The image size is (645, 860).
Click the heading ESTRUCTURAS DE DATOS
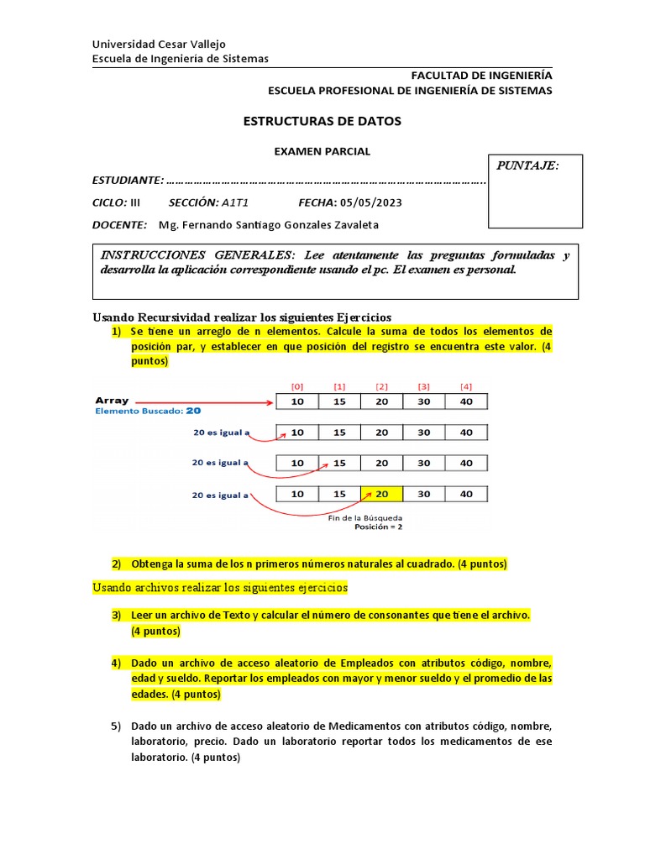(x=322, y=121)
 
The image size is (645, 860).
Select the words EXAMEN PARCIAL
(x=322, y=152)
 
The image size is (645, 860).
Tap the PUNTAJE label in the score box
(x=527, y=165)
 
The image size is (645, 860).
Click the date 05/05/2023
(x=370, y=202)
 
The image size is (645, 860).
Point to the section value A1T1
(x=235, y=202)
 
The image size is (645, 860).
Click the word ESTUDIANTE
(x=127, y=181)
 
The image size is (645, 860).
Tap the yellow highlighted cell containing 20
(x=381, y=494)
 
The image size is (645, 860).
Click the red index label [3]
(x=423, y=386)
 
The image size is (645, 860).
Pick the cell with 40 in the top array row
(x=466, y=402)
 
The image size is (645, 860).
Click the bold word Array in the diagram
(x=112, y=401)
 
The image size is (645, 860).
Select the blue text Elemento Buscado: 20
(x=148, y=412)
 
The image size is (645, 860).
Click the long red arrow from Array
(x=203, y=402)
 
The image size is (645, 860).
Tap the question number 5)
(x=117, y=726)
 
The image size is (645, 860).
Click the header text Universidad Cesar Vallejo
(x=158, y=44)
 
